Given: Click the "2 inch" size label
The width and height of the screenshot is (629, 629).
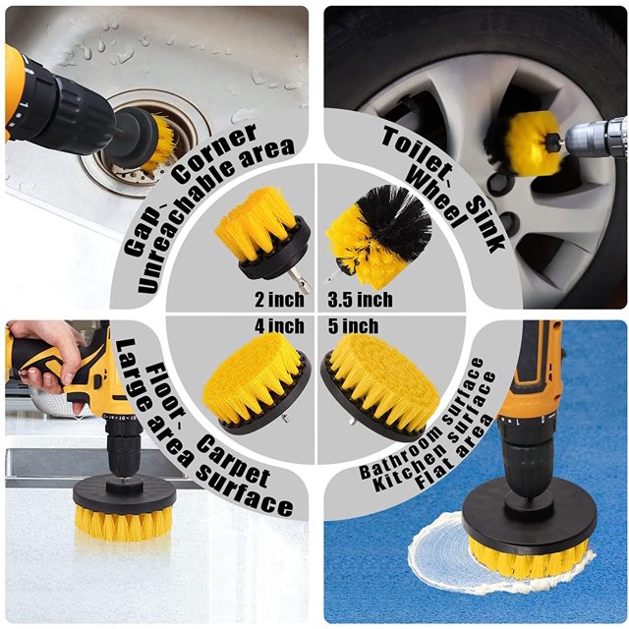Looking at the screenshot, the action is point(279,300).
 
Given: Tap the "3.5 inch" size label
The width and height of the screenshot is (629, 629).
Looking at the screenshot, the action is point(360,300).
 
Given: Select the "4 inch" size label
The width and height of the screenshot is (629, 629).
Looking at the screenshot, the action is point(279,325).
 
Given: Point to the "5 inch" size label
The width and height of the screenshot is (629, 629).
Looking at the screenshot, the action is point(353,325).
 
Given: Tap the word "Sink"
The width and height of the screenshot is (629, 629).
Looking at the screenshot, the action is point(486,225).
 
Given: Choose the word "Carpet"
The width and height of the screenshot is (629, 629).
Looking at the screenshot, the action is point(234,461).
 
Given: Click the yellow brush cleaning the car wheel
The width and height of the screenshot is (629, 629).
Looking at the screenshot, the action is point(531,144).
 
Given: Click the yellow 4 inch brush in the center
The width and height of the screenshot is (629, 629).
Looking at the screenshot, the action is point(254,380).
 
